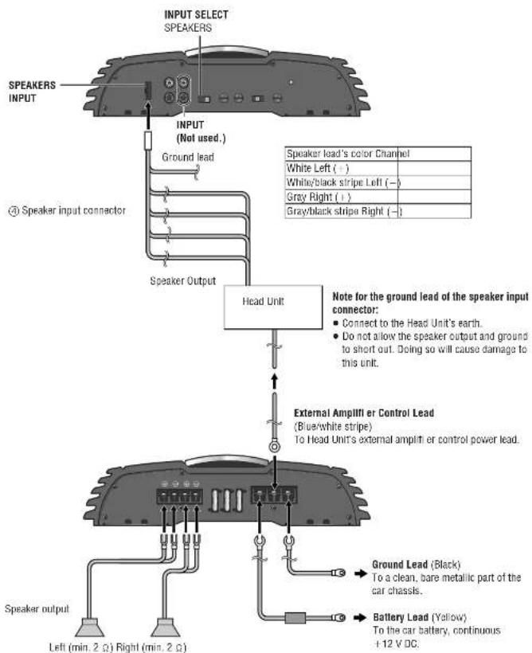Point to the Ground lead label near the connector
[x=186, y=157]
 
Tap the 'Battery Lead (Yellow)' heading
[x=408, y=616]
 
